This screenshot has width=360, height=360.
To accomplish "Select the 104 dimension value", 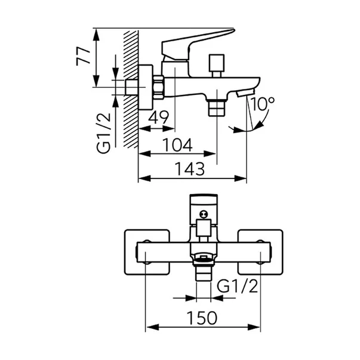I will tap(178, 145).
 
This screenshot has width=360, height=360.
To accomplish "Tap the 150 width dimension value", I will tap(200, 318).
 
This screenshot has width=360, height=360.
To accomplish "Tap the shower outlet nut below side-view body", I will tap(216, 109).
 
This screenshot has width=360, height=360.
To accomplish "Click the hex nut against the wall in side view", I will tap(158, 87).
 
